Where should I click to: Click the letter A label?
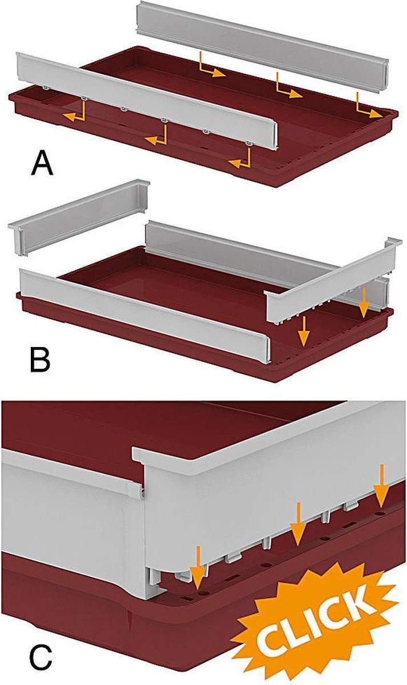tap(42, 164)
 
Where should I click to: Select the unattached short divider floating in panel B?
tap(79, 217)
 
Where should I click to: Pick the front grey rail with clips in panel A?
tap(147, 100)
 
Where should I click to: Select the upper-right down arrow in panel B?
tap(364, 303)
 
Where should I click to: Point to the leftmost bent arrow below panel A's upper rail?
tap(212, 65)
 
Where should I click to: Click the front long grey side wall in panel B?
tap(146, 316)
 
